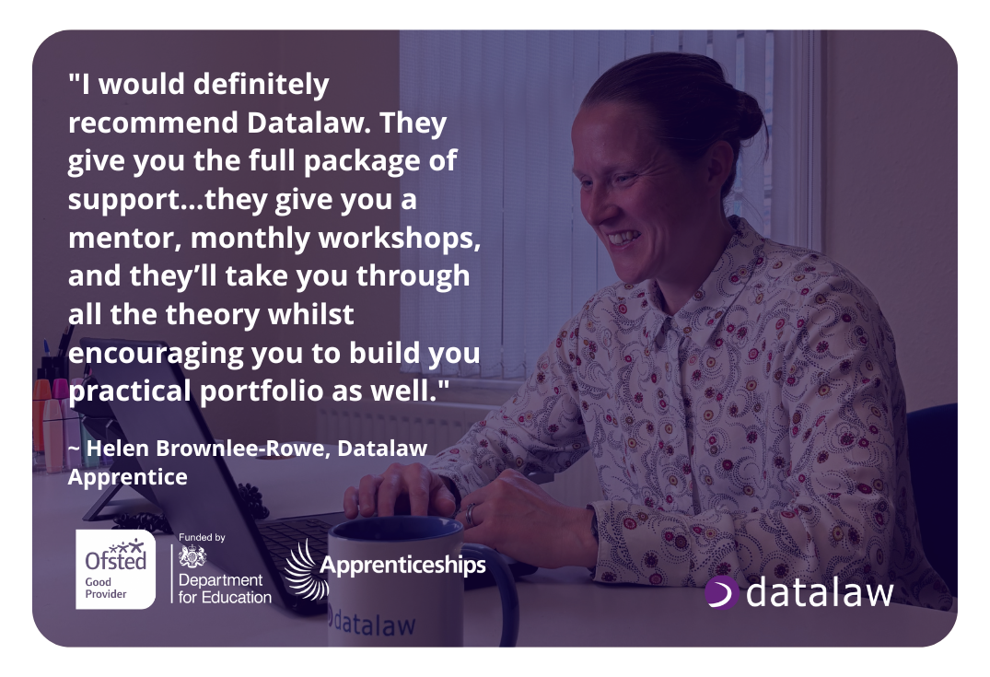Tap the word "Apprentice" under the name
tap(127, 477)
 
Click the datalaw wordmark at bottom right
tap(818, 593)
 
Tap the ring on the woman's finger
tap(472, 513)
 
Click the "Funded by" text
tap(201, 537)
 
